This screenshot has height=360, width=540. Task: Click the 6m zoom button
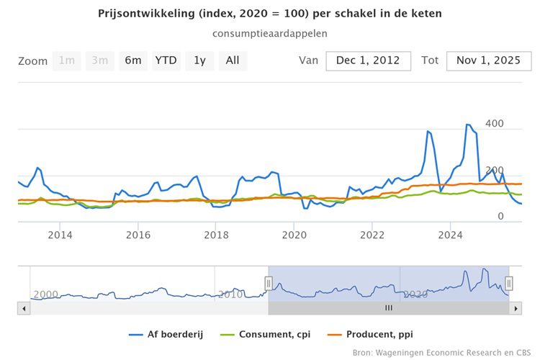132,60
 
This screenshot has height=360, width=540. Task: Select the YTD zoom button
166,60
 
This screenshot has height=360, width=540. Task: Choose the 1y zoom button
199,60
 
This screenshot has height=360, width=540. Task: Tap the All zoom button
233,60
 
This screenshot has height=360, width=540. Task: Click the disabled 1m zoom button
67,60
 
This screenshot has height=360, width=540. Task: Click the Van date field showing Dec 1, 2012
368,61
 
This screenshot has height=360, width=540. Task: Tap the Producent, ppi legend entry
372,334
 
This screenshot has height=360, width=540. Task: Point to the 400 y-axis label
493,125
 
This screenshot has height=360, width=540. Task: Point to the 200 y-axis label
493,171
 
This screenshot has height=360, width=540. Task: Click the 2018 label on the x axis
216,234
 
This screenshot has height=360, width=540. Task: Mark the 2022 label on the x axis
372,234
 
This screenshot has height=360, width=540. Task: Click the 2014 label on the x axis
60,234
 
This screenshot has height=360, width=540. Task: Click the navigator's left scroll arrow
24,308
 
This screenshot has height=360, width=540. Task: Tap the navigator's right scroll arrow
516,308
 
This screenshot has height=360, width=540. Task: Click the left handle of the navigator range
269,283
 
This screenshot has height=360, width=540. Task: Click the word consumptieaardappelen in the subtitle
270,33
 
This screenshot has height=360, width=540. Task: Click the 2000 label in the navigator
45,294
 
